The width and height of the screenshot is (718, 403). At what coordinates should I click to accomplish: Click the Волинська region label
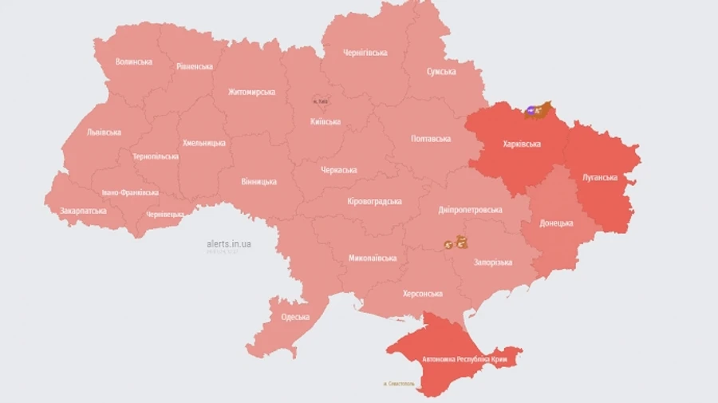pyautogui.click(x=133, y=61)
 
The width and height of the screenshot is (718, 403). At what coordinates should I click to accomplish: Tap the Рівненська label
pyautogui.click(x=195, y=67)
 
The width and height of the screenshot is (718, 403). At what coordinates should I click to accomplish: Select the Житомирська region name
pyautogui.click(x=251, y=92)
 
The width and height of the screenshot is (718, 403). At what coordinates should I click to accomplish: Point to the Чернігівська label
pyautogui.click(x=365, y=53)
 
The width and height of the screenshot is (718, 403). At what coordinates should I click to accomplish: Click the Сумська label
pyautogui.click(x=441, y=72)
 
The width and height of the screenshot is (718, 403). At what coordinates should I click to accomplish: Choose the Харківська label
pyautogui.click(x=522, y=144)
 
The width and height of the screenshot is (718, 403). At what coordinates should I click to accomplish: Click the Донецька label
pyautogui.click(x=556, y=223)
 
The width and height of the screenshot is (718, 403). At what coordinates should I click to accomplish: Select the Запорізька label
pyautogui.click(x=493, y=262)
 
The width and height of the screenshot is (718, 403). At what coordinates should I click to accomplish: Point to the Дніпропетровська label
pyautogui.click(x=470, y=210)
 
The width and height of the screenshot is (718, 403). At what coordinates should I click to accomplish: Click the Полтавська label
pyautogui.click(x=431, y=139)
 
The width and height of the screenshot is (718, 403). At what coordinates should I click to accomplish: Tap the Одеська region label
pyautogui.click(x=295, y=317)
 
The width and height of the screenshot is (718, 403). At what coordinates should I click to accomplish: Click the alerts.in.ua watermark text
pyautogui.click(x=228, y=243)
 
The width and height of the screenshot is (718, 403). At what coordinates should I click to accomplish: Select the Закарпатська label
pyautogui.click(x=83, y=211)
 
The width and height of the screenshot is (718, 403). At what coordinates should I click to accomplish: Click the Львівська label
pyautogui.click(x=104, y=132)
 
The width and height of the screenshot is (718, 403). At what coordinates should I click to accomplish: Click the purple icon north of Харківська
pyautogui.click(x=531, y=111)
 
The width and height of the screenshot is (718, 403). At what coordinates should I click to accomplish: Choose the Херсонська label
pyautogui.click(x=418, y=294)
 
